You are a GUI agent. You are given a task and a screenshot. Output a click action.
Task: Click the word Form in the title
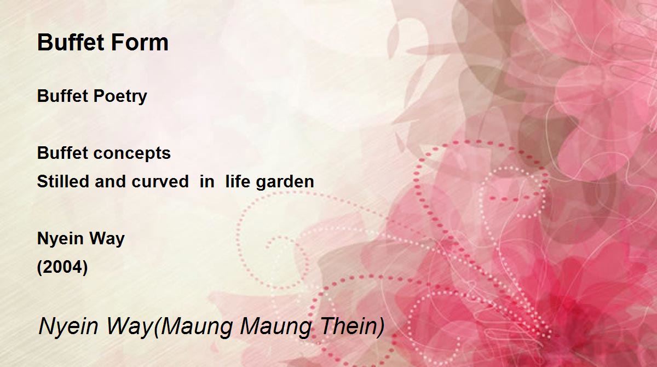click(x=140, y=42)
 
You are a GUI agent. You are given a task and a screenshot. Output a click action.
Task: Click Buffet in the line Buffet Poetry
click(x=62, y=96)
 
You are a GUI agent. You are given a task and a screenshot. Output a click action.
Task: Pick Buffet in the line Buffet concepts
click(x=62, y=152)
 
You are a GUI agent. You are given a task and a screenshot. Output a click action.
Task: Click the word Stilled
click(x=63, y=181)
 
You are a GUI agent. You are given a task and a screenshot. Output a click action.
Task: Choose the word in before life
click(x=207, y=181)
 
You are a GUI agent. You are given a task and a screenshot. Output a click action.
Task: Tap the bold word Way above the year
click(x=107, y=239)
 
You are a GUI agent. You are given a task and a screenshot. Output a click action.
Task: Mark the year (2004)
click(x=62, y=267)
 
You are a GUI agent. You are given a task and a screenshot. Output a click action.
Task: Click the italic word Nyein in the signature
click(x=68, y=326)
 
